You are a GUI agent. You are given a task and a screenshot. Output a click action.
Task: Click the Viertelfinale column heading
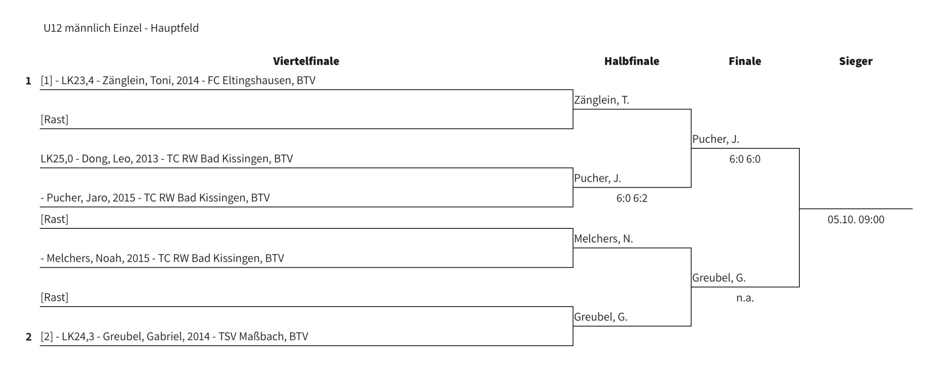click(306, 61)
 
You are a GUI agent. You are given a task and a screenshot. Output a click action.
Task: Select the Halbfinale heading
click(632, 61)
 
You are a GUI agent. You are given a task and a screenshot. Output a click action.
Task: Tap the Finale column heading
click(745, 61)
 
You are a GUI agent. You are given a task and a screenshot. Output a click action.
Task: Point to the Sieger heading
click(856, 62)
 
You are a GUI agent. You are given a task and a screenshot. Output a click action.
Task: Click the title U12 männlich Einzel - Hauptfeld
click(121, 28)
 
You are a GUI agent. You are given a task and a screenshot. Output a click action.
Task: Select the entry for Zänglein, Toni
click(178, 80)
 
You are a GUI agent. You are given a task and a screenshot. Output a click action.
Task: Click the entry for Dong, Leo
click(167, 159)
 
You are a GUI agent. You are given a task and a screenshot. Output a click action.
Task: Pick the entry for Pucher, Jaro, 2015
click(155, 198)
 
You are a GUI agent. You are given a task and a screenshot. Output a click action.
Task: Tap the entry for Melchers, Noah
click(162, 258)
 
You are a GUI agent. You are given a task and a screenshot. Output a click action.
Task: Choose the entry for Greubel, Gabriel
click(174, 336)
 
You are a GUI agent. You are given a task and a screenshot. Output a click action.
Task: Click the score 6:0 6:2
click(632, 198)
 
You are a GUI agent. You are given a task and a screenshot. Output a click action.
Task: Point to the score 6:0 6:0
click(745, 159)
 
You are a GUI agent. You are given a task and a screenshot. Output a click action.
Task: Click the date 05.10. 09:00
click(856, 219)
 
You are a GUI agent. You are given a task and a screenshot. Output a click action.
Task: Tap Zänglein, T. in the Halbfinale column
click(602, 100)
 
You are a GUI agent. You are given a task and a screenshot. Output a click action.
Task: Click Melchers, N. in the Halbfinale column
click(603, 239)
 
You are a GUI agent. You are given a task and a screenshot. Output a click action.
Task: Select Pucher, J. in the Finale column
click(715, 139)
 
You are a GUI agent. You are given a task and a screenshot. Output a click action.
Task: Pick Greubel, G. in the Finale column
click(719, 278)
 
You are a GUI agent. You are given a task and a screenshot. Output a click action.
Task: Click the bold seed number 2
click(29, 337)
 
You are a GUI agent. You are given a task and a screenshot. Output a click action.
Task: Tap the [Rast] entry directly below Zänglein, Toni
click(54, 119)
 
